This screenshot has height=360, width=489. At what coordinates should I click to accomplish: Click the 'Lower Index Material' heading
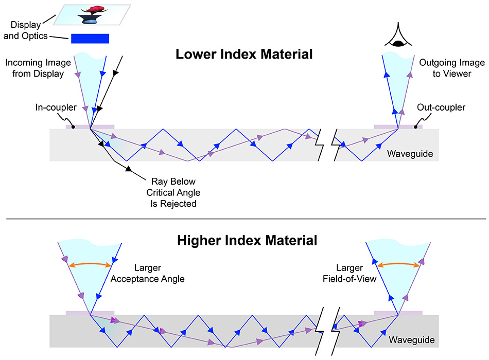244,54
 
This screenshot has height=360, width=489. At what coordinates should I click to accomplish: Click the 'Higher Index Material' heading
244,240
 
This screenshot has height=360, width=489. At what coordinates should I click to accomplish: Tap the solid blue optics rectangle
90,39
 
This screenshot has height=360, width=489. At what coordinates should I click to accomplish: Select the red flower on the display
94,10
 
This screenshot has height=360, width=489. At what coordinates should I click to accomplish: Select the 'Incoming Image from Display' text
34,68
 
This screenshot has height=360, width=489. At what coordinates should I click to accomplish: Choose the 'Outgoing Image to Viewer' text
452,68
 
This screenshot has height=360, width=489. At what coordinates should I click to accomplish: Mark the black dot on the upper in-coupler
73,127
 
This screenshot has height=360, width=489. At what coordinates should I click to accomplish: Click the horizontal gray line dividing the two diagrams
244,220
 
